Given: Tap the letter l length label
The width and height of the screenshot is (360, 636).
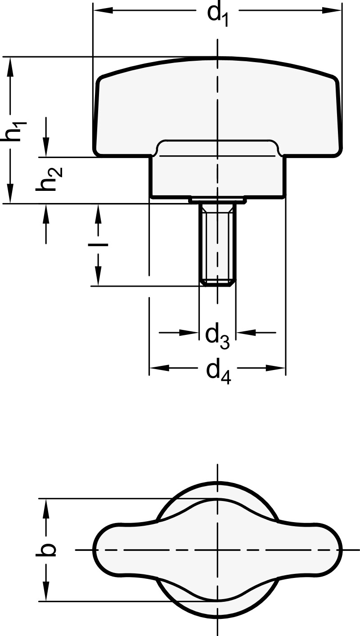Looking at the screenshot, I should click(x=98, y=245).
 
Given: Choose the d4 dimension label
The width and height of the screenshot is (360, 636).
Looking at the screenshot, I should click(x=218, y=372).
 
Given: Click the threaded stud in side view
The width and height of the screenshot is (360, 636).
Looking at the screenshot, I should click(x=218, y=243).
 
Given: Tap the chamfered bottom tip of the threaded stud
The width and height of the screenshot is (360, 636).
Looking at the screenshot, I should click(x=218, y=283).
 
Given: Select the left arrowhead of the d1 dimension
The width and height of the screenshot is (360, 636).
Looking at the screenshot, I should click(x=102, y=10).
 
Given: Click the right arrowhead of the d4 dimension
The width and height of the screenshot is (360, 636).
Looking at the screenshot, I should click(x=276, y=368).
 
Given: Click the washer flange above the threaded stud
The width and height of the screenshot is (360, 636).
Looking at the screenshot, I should click(x=218, y=199).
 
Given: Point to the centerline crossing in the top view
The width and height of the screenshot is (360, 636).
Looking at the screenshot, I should click(x=218, y=550).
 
